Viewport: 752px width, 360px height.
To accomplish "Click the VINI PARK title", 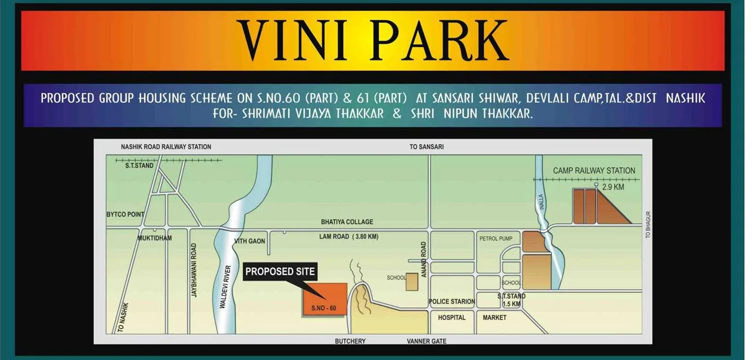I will coord(373,41).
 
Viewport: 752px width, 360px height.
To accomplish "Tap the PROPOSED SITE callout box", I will coord(280,271).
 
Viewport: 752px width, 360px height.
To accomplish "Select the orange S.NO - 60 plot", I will coord(325,299).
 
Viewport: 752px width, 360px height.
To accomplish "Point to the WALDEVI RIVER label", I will coord(224,287).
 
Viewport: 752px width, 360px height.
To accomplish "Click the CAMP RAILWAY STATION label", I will coord(594,171).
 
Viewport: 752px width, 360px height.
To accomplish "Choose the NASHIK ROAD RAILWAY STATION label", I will coord(166,147).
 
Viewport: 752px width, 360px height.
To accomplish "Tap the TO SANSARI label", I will coord(426,147).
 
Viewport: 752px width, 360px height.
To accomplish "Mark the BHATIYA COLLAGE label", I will coord(347,222).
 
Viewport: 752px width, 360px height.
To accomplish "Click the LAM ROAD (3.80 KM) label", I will coord(349,237).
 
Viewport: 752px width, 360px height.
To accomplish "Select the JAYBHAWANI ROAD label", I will coord(193,271).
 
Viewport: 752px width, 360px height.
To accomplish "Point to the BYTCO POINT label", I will coord(125,214).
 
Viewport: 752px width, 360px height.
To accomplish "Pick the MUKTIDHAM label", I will coord(155,238).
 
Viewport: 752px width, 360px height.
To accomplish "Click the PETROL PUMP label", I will coord(495,239).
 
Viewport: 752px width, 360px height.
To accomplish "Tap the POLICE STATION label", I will coord(452,301).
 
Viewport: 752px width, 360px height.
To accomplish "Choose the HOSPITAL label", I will coord(452,318).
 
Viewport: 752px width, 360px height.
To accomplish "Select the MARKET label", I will coord(494,318).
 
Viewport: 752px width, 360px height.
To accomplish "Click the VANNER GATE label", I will coord(426,341).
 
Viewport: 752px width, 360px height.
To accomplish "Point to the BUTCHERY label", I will coord(350,341).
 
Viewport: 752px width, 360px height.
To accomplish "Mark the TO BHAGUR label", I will coord(648,225).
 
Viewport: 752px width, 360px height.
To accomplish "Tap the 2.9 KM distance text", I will coord(613,187).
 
